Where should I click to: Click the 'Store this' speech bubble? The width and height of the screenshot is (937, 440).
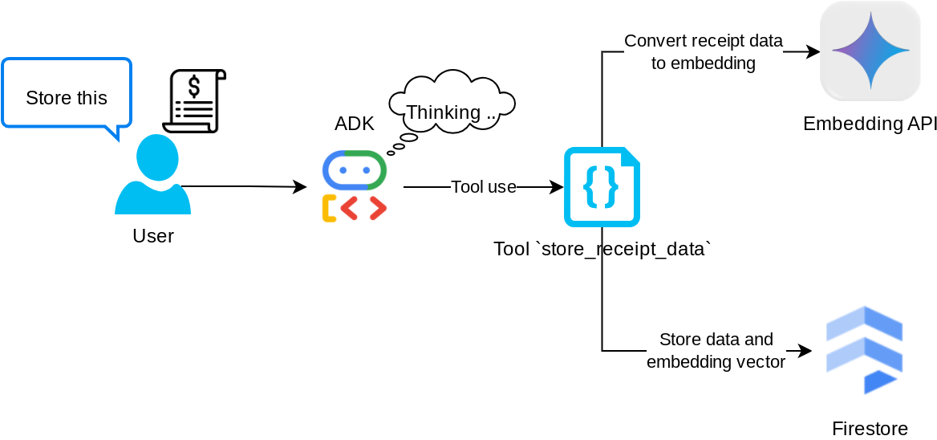[67, 96]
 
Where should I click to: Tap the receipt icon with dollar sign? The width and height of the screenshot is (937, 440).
[194, 101]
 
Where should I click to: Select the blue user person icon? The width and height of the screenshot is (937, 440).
[153, 174]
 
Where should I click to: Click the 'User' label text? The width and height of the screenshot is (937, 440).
[153, 236]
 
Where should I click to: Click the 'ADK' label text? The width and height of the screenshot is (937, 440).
[355, 124]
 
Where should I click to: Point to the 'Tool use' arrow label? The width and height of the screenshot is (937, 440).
[484, 187]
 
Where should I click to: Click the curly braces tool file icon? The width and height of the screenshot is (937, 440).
[602, 187]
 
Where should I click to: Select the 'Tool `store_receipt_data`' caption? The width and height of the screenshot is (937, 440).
[602, 249]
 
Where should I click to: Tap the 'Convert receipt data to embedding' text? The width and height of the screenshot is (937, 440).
[704, 52]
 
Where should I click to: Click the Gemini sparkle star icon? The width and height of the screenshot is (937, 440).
[870, 51]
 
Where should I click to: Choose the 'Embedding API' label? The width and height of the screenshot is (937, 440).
[870, 124]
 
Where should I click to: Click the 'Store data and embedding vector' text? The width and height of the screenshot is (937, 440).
[716, 351]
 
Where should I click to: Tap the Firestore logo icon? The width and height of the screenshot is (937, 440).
[865, 350]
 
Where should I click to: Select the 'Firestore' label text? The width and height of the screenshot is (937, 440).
[870, 428]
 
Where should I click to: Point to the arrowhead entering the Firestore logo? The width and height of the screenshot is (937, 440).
[806, 351]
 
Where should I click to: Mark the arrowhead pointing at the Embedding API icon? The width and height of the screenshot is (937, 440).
[814, 52]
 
